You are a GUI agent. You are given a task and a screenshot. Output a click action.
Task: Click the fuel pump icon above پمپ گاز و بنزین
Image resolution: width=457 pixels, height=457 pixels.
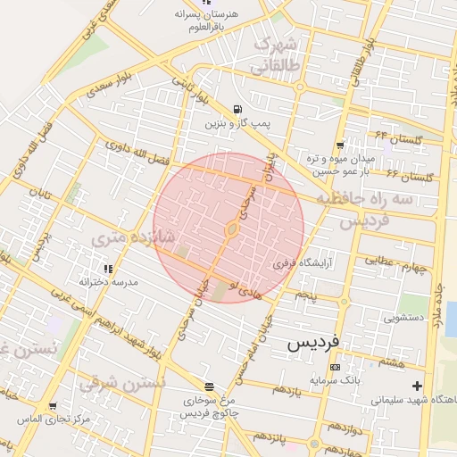pos(236,110)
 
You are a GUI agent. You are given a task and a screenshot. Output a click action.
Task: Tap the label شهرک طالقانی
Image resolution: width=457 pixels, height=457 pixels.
pos(278,55)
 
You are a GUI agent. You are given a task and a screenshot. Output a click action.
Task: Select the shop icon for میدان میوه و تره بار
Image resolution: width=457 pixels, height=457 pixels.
pos(340,145)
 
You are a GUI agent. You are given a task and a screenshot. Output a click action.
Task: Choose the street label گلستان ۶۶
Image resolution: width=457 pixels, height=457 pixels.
pos(411,176)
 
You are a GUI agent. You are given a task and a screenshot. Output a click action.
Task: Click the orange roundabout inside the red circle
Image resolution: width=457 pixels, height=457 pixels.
pos(231,229)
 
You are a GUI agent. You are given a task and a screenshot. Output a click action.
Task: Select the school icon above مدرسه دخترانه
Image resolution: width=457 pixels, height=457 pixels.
pos(108,268)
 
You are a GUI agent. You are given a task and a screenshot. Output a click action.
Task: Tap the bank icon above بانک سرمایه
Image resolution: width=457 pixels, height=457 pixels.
pos(334,367)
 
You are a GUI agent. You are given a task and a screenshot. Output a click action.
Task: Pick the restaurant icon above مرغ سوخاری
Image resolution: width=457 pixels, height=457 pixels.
pos(209,386)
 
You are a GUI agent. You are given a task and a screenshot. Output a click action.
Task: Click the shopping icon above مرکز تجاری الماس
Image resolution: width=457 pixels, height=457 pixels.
pos(53,406)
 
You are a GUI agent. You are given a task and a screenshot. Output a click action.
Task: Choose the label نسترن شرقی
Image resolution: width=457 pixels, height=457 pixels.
pos(122,384)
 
